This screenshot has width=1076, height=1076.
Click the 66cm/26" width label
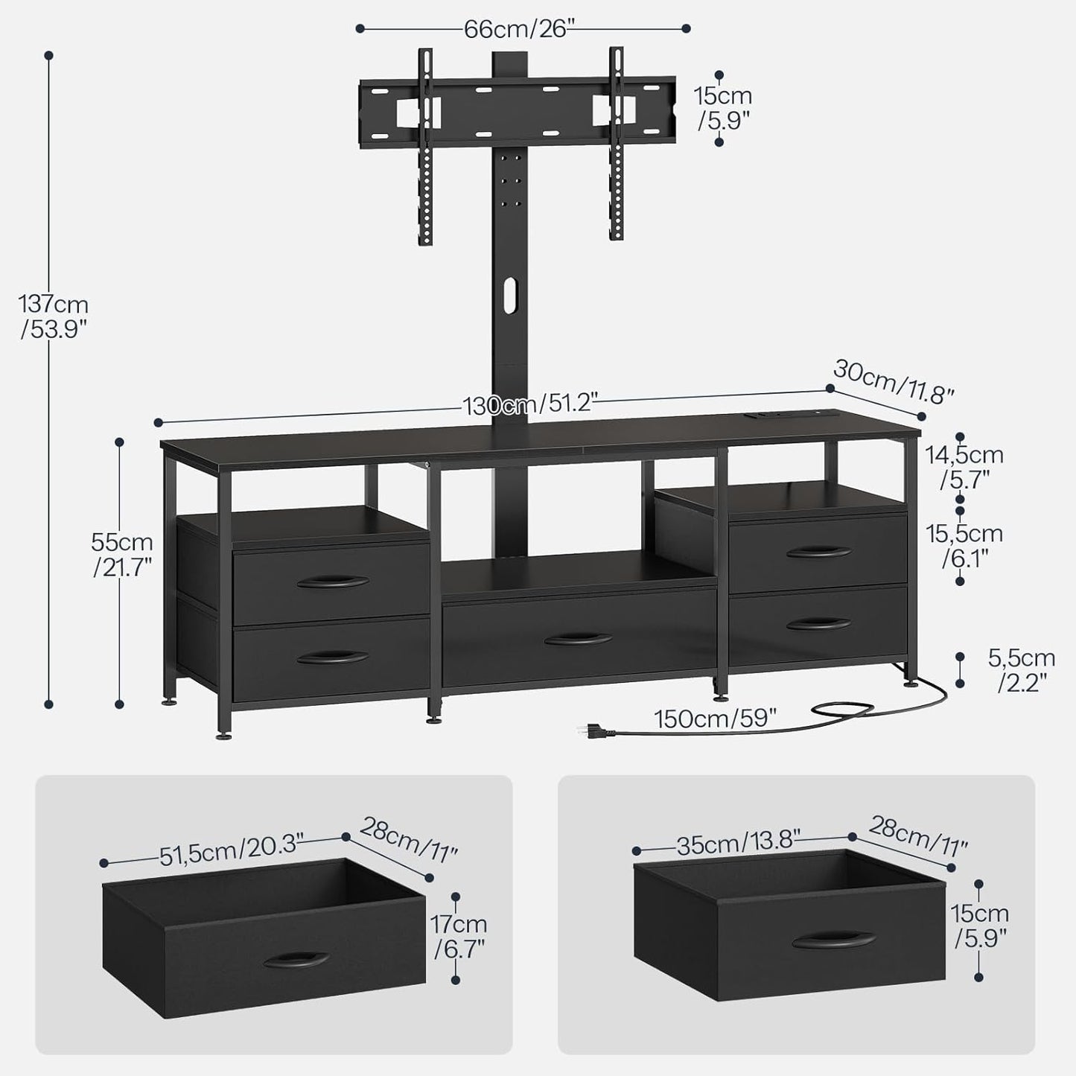click(x=519, y=29)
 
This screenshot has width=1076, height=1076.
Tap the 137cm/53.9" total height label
click(x=54, y=316)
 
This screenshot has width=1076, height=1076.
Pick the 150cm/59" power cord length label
click(x=715, y=719)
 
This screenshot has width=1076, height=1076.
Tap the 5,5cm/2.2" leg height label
click(x=1021, y=669)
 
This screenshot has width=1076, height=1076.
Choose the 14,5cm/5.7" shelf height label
click(x=964, y=466)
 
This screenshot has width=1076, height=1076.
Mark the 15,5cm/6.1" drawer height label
click(x=964, y=545)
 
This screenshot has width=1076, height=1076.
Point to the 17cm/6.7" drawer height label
click(x=458, y=936)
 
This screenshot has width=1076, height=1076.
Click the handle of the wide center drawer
click(x=578, y=639)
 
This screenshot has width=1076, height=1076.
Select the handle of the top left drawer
click(x=332, y=582)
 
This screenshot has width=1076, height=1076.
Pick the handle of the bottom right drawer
click(x=818, y=623)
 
